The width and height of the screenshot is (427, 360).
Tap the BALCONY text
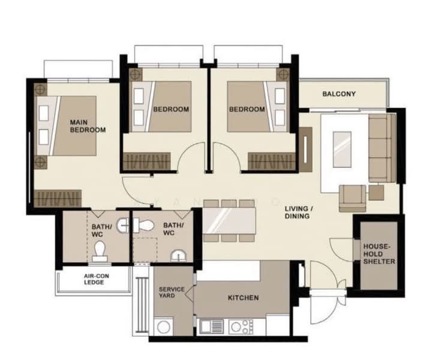(339, 94)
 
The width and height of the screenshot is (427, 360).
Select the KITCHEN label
(243, 298)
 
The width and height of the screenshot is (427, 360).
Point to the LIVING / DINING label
(297, 212)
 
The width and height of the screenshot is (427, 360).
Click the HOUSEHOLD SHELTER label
(378, 254)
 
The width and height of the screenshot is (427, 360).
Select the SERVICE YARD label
(172, 293)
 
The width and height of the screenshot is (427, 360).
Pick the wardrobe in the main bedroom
(57, 198)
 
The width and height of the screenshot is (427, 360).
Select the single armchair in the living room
(352, 197)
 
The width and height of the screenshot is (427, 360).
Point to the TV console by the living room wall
(309, 154)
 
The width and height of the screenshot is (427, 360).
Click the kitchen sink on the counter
(211, 326)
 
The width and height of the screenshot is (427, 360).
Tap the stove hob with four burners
(242, 326)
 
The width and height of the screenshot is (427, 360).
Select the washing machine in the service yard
(163, 327)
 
